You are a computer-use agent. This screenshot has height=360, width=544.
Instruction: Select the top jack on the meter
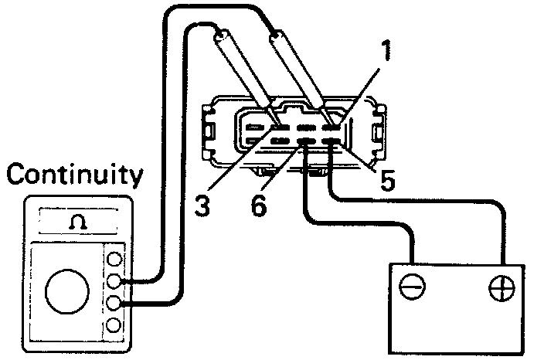115,259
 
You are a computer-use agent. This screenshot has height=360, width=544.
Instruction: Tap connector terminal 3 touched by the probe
280,127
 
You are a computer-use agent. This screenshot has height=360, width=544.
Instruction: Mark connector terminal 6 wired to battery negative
306,141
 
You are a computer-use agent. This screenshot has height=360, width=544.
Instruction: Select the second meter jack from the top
115,280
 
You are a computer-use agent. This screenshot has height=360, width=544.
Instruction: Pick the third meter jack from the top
115,302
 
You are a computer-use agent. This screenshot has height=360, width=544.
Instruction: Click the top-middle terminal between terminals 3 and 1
306,127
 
